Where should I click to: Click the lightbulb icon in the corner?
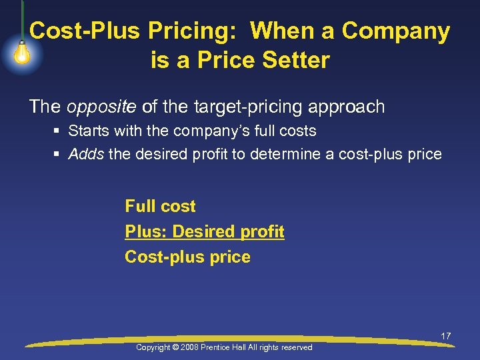21,53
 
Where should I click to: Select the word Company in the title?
396,31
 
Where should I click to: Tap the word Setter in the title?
297,61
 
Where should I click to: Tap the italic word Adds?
86,155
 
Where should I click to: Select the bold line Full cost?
160,206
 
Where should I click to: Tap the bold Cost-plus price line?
187,257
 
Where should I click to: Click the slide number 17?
445,336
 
